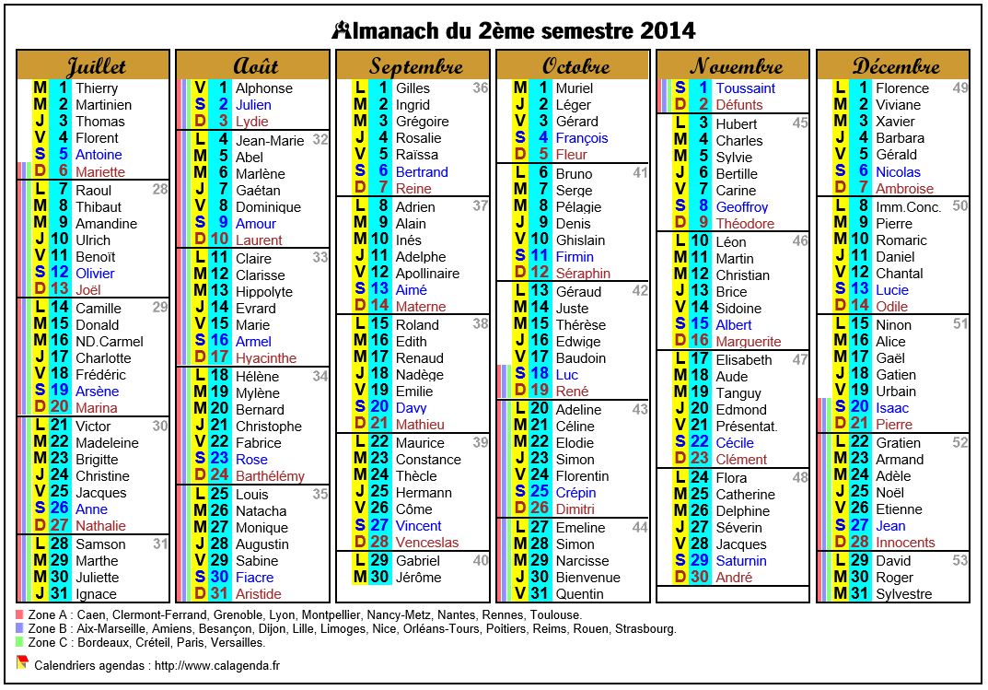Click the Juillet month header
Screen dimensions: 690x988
click(94, 66)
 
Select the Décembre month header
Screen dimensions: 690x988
click(895, 66)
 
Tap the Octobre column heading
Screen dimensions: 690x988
click(575, 66)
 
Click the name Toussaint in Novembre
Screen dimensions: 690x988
click(745, 88)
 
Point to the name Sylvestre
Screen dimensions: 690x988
click(904, 594)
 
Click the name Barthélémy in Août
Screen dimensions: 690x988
click(270, 476)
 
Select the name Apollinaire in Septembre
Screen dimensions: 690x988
click(427, 274)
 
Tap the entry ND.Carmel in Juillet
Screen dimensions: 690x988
click(110, 342)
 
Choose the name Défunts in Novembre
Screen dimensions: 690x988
click(739, 105)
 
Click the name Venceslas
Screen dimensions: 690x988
click(427, 543)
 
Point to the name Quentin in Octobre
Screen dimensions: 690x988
click(580, 594)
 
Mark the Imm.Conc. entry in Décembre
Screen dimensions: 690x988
click(908, 207)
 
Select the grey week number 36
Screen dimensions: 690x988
click(481, 88)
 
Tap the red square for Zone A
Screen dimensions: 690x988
click(20, 614)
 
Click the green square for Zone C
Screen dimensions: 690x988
click(20, 642)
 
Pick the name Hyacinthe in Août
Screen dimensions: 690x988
click(266, 358)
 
